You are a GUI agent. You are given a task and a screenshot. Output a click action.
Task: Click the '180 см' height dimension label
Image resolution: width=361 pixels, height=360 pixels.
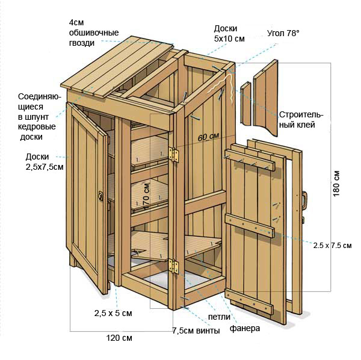tap(336, 184)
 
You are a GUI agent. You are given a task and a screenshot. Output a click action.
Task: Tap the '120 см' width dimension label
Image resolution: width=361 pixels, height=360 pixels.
tap(119, 338)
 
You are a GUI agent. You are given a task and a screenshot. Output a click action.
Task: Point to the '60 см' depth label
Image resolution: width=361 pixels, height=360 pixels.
tap(208, 137)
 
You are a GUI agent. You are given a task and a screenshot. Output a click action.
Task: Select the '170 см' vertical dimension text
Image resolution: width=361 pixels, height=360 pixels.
tap(147, 196)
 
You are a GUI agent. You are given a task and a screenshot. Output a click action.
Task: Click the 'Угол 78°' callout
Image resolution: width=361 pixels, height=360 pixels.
tap(283, 33)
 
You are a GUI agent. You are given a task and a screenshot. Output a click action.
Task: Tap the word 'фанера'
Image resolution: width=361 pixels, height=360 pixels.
tap(245, 329)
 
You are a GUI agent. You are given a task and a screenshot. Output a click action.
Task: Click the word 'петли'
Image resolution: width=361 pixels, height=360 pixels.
tap(219, 317)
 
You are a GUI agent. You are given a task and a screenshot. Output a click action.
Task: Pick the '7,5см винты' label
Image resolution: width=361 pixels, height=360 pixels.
tap(196, 331)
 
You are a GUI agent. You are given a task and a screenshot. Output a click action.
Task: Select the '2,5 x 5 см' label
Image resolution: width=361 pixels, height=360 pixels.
tap(113, 313)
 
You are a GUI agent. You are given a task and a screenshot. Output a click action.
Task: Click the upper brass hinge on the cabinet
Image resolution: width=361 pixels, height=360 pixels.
tap(173, 154)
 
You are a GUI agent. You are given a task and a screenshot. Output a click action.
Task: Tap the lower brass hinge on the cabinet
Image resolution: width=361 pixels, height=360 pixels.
tap(173, 266)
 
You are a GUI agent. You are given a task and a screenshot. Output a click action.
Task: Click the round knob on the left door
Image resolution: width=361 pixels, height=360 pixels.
tap(100, 196)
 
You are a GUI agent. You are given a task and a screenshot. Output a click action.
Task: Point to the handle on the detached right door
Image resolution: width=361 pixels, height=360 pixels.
tap(304, 200)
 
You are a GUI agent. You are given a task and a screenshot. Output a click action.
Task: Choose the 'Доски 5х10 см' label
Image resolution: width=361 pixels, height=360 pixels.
tap(229, 33)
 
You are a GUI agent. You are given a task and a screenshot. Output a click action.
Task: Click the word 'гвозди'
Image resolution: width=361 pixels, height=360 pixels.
tap(82, 43)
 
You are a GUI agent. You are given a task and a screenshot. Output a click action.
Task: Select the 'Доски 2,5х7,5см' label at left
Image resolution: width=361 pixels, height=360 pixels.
tap(45, 162)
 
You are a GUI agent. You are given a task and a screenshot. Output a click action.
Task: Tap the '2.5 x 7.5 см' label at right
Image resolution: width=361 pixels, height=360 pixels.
tap(332, 245)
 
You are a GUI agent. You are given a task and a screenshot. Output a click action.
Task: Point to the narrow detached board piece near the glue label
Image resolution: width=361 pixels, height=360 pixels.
tap(246, 104)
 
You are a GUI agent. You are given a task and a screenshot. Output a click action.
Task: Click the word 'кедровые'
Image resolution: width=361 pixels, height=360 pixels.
tap(37, 127)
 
